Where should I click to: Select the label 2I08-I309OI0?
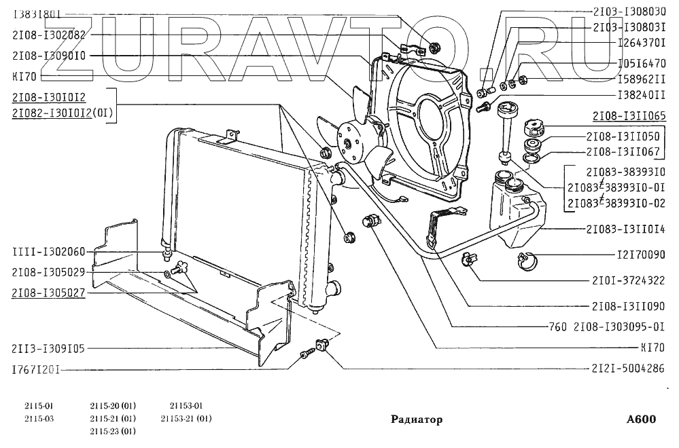coord(48,56)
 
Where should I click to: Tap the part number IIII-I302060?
coord(48,252)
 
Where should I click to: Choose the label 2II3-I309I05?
coord(48,349)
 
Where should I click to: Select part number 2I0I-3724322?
coord(628,280)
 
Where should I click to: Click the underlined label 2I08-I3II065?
coord(629,115)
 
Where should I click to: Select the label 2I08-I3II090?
coord(628,306)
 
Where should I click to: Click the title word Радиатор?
coord(417,419)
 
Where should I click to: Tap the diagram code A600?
coord(641,419)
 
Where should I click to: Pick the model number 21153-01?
coord(186,406)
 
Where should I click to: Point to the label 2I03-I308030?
coord(628,12)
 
